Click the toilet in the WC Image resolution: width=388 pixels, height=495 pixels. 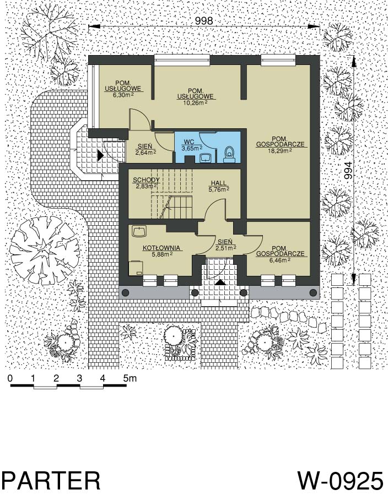pyautogui.click(x=229, y=154)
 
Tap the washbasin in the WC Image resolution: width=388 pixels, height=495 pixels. pyautogui.click(x=206, y=157)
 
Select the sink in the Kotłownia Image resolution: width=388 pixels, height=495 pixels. pyautogui.click(x=139, y=231)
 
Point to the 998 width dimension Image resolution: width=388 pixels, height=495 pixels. pyautogui.click(x=204, y=21)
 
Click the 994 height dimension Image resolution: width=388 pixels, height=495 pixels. pyautogui.click(x=348, y=171)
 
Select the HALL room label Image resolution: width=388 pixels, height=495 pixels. pyautogui.click(x=219, y=183)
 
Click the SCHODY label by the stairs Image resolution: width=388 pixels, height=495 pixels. pyautogui.click(x=146, y=180)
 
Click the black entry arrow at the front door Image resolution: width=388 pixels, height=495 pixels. pyautogui.click(x=220, y=282)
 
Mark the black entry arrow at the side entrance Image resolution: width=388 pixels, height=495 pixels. pyautogui.click(x=101, y=155)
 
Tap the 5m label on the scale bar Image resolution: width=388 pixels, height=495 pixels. pyautogui.click(x=130, y=378)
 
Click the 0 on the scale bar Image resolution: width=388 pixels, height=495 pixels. pyautogui.click(x=10, y=378)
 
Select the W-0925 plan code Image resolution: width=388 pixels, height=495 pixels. pyautogui.click(x=341, y=481)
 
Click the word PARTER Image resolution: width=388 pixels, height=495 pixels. pyautogui.click(x=51, y=481)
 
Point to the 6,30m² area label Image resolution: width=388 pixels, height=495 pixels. pyautogui.click(x=120, y=94)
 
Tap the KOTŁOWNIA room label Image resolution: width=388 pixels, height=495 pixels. pyautogui.click(x=161, y=248)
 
